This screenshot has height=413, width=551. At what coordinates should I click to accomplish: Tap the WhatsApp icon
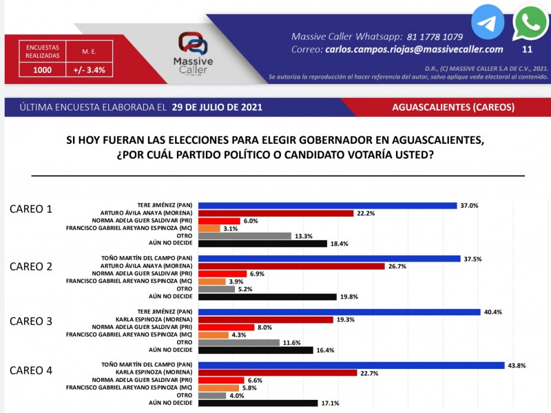[530, 23]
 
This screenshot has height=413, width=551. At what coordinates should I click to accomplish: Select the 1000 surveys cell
[39, 70]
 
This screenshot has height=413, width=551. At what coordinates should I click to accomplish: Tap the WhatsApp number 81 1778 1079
[433, 36]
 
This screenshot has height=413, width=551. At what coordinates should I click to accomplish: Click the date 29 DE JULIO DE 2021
[219, 108]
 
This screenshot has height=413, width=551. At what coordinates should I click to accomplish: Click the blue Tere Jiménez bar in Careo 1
[327, 205]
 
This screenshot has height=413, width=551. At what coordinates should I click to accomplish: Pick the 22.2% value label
[366, 213]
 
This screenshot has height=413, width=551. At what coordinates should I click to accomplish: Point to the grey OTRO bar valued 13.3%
[245, 235]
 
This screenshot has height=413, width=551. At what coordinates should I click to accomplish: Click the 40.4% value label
[492, 312]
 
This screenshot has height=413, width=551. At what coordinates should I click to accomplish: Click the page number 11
[528, 49]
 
